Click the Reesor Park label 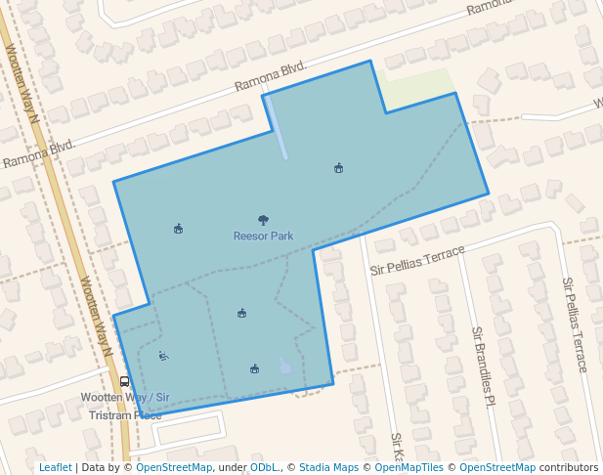(263, 236)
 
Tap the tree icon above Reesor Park (263, 221)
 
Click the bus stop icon (124, 382)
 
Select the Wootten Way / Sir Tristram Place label (125, 406)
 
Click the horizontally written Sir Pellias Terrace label (417, 260)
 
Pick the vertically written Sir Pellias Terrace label (574, 324)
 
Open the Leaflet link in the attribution (56, 467)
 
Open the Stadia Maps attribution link (328, 467)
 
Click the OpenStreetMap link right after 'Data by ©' (174, 467)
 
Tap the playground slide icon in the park (164, 356)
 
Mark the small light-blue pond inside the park (284, 367)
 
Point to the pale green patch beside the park (417, 87)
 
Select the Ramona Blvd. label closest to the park (271, 78)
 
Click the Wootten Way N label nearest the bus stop (98, 316)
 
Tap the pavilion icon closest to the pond (254, 368)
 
